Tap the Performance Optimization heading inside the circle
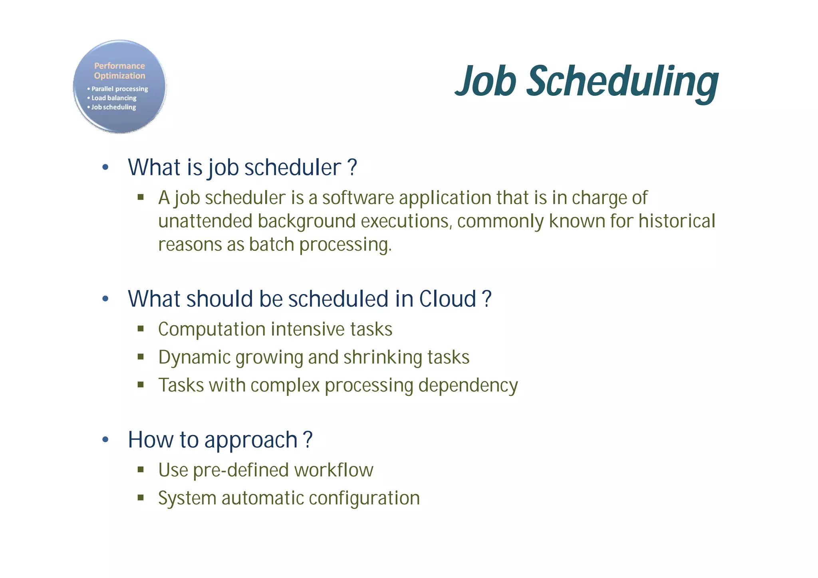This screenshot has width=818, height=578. pos(119,71)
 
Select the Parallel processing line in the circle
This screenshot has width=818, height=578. pos(119,89)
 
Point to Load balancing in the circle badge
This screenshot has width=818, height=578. pos(114,98)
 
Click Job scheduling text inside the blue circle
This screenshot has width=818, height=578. pos(113,107)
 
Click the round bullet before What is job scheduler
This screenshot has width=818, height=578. pos(105,167)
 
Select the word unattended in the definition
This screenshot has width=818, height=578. pos(205,221)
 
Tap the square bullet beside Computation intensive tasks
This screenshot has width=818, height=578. pos(141,329)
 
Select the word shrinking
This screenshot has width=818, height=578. pos(382,358)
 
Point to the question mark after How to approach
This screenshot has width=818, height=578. pos(308,440)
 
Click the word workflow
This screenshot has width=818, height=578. pos(334,470)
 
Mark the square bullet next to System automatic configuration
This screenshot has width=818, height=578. pos(141,498)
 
